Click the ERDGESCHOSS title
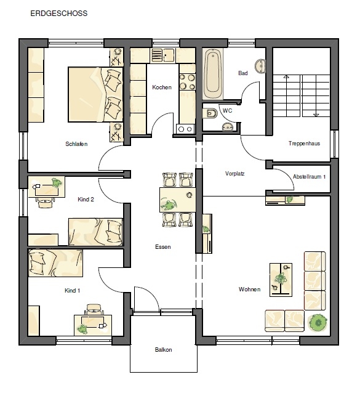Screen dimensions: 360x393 tap(59, 14)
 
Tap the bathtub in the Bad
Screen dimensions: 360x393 tap(213, 74)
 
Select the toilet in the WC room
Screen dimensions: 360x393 tap(210, 113)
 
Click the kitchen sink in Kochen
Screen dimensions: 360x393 tap(163, 55)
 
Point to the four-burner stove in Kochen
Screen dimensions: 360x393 tap(187, 81)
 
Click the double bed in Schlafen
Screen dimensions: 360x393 tap(95, 94)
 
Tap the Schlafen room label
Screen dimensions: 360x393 tap(76, 144)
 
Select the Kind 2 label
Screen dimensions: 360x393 tap(86, 200)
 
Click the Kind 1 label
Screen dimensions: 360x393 tap(72, 291)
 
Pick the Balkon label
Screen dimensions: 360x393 tap(163, 350)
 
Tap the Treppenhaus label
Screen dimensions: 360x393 tap(304, 144)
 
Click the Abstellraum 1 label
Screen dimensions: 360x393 tap(309, 176)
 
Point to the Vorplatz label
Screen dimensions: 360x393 tap(234, 174)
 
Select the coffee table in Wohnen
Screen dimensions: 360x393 tap(281, 280)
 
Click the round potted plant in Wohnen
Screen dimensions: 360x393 tap(318, 323)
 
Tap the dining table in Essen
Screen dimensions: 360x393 tap(177, 200)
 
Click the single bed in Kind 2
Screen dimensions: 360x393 tap(95, 232)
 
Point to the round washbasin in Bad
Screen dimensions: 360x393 tap(260, 66)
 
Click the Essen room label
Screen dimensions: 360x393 tap(162, 247)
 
